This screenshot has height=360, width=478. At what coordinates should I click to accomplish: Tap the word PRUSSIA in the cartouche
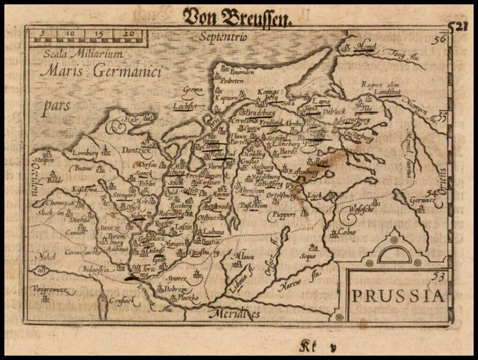pos(397,296)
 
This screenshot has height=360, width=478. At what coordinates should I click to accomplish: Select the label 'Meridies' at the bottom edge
pos(235,314)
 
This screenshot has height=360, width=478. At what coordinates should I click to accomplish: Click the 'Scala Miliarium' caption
pos(83,54)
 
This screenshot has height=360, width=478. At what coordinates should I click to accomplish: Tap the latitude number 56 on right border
pos(439,40)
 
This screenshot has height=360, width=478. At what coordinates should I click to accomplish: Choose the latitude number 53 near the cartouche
pos(439,276)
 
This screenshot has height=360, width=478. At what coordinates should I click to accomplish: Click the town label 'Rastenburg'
pos(302,172)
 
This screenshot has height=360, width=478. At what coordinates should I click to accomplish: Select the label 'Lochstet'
pos(184,106)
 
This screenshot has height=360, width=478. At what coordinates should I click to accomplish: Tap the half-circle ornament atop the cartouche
pos(394,254)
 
